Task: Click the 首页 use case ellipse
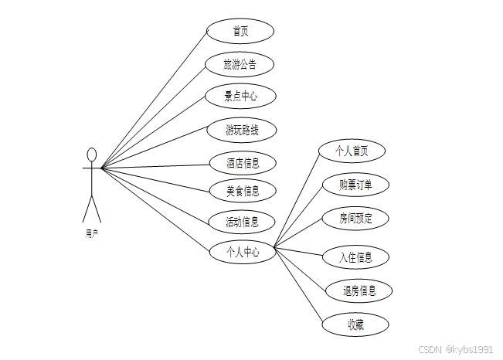tap(240, 31)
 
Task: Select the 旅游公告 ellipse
tap(240, 64)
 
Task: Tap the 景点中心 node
tap(240, 97)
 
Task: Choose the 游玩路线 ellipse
tap(242, 130)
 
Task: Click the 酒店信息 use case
tap(243, 163)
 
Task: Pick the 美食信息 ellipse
tap(243, 190)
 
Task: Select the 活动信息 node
tap(242, 222)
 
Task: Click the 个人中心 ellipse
tap(243, 251)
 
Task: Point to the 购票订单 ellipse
tap(355, 185)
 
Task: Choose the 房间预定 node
tap(355, 219)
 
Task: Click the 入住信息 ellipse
tap(355, 256)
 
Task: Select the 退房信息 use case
tap(359, 290)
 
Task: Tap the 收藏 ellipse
tap(355, 325)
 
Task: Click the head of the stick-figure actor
tap(92, 155)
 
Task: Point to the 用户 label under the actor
tap(91, 232)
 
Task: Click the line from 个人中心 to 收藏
tap(299, 287)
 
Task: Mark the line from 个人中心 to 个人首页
tap(297, 199)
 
